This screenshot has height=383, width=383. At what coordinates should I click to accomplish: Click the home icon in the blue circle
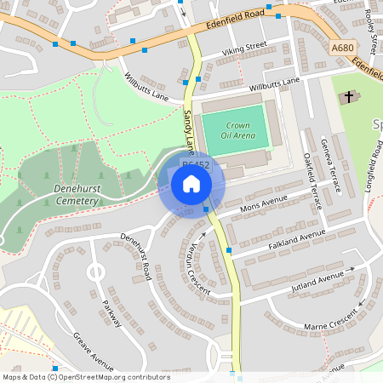click(191, 184)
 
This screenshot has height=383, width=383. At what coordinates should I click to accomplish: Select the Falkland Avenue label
click(296, 237)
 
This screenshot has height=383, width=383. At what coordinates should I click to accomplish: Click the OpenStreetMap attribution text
click(85, 377)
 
